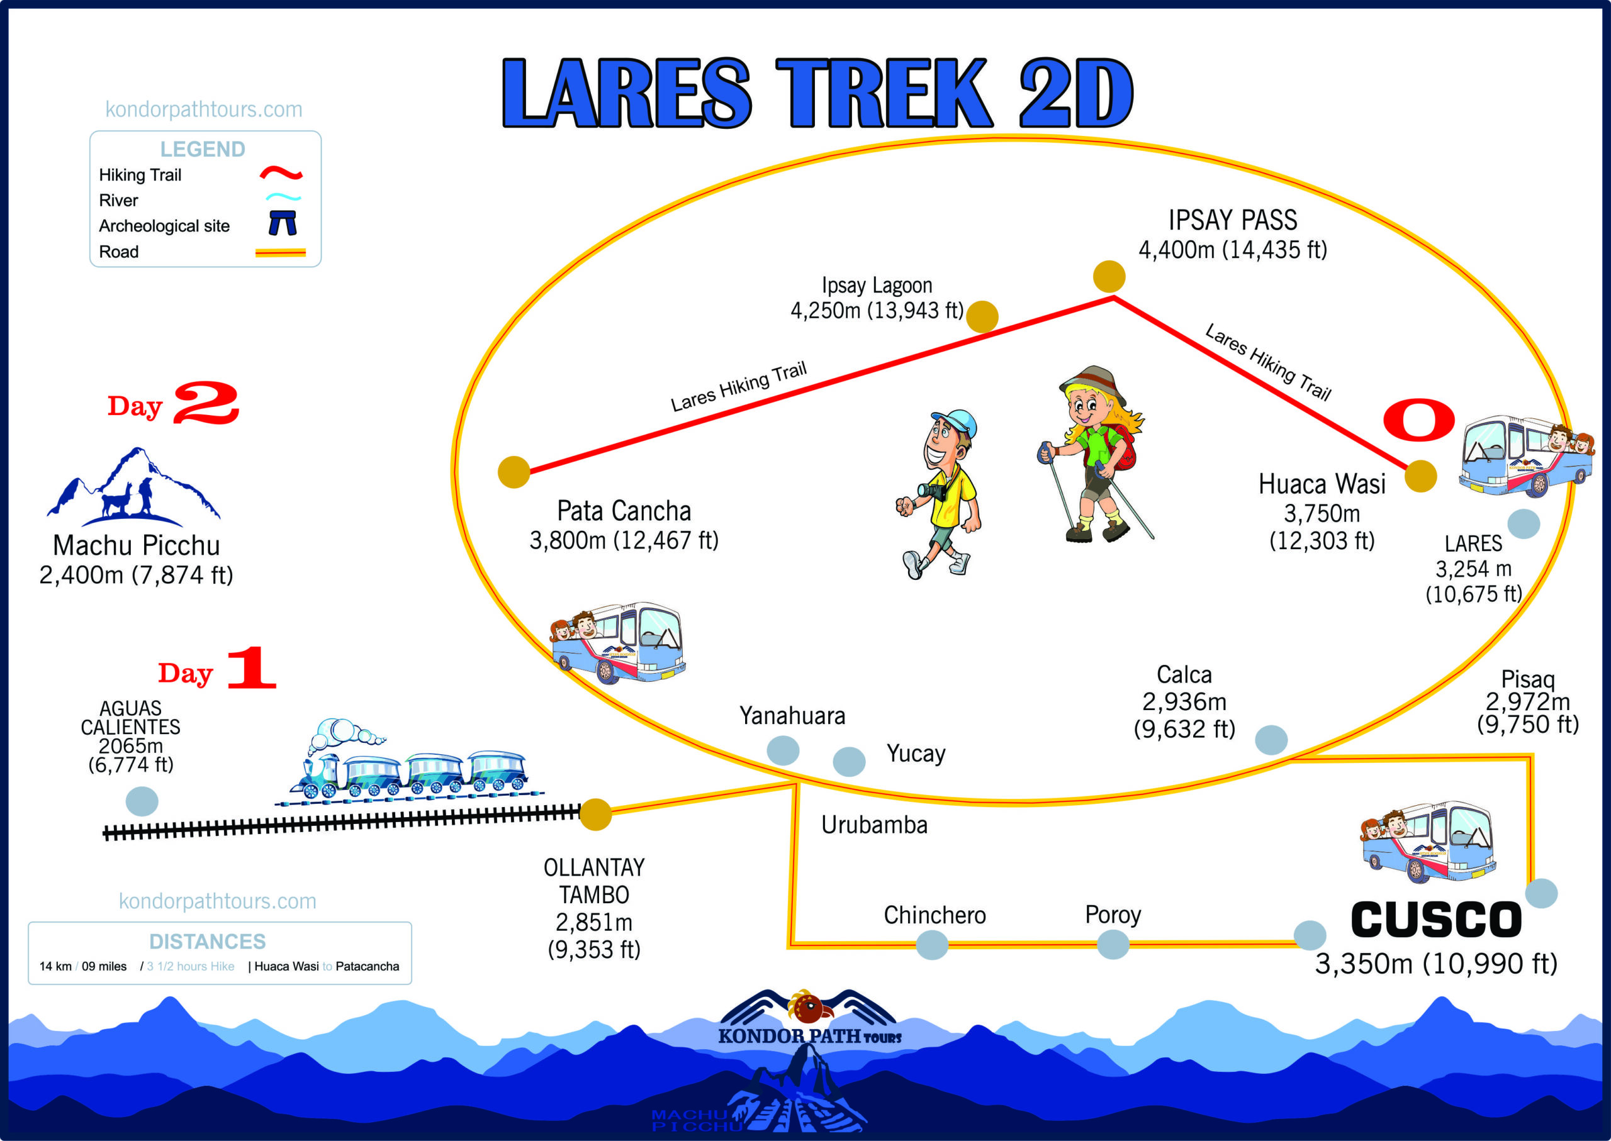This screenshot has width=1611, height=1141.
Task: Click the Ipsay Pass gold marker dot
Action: [1108, 276]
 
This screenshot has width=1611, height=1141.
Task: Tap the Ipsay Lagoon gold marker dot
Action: [982, 316]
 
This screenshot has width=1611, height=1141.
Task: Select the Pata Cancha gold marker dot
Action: [514, 472]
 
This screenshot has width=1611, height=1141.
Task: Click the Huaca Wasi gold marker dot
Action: [1420, 476]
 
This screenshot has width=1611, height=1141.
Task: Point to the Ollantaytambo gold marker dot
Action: [595, 815]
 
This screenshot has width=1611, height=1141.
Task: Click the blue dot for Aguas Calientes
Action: [142, 801]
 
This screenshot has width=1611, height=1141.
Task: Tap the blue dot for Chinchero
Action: [932, 944]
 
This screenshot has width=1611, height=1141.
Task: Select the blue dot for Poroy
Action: [1113, 944]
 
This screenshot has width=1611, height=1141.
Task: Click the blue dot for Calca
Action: [1271, 740]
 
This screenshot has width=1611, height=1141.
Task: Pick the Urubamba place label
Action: [873, 825]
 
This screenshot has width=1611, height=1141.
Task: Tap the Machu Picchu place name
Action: [137, 546]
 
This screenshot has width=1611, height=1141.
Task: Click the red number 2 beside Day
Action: [206, 403]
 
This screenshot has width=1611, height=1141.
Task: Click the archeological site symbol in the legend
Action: [283, 223]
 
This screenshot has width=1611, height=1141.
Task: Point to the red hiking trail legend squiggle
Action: [281, 173]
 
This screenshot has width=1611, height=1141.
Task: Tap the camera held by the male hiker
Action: [933, 491]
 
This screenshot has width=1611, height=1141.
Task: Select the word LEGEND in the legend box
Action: [203, 149]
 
